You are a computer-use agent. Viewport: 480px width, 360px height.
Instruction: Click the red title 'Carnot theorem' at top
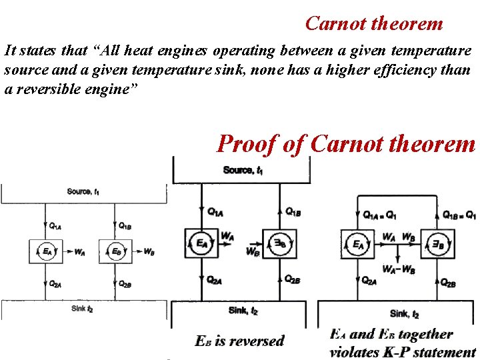tap(373, 24)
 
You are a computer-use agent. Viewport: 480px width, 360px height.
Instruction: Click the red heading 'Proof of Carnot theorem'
tap(346, 143)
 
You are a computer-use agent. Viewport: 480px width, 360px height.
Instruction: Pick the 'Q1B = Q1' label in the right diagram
tap(460, 215)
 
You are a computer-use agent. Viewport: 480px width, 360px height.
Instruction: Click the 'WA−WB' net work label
tap(399, 269)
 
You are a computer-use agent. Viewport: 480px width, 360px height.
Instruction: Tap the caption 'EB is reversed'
tap(239, 341)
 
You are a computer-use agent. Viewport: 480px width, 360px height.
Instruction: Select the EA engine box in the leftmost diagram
tap(48, 252)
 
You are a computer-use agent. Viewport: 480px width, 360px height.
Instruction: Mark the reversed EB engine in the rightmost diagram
tap(438, 245)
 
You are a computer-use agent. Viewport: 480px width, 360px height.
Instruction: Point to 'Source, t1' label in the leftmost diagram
tap(83, 192)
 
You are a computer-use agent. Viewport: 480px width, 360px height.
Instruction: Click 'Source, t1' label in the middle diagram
tap(243, 170)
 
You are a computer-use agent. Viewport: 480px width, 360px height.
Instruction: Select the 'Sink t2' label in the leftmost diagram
tap(82, 308)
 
